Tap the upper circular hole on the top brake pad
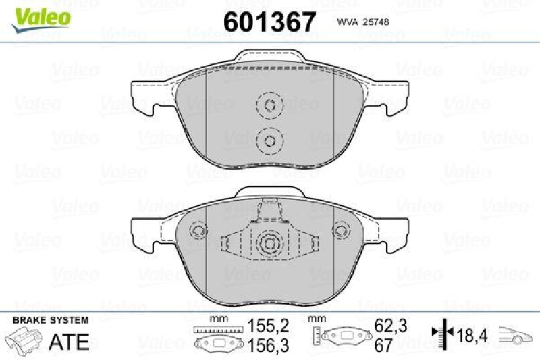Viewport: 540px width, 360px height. pos(269,106)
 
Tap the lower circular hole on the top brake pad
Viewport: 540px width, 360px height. pos(269,140)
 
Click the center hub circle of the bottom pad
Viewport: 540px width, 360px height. pos(269,245)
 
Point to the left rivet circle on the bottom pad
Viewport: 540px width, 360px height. pos(198,231)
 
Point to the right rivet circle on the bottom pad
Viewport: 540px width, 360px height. pos(342,231)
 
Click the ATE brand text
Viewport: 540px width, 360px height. pos(69,342)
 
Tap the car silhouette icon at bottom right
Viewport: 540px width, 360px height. pos(517,335)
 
